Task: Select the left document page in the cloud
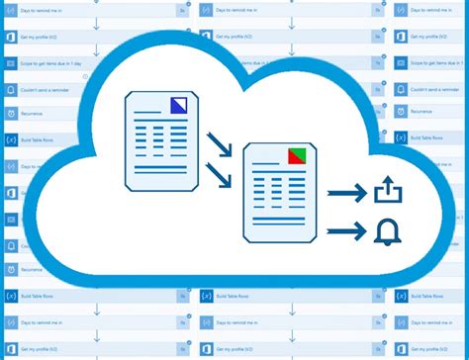tap(155, 137)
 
